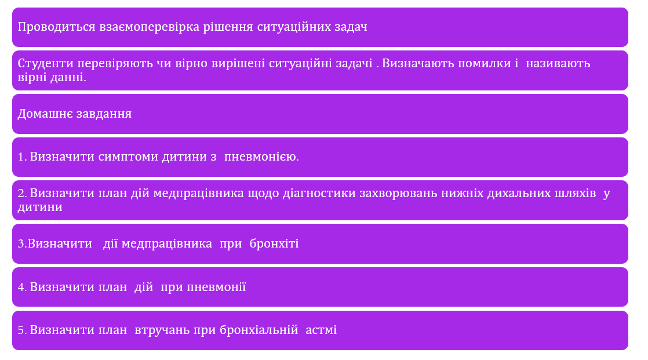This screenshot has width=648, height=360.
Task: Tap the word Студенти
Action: [x=45, y=63]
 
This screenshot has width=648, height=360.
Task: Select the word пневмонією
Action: [x=261, y=157]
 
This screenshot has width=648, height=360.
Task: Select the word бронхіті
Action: [x=274, y=244]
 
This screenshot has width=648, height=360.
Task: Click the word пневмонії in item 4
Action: [x=217, y=288]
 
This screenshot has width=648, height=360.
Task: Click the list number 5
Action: [x=21, y=330]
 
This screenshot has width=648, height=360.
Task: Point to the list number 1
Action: [x=21, y=157]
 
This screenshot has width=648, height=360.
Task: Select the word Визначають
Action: [x=416, y=63]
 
